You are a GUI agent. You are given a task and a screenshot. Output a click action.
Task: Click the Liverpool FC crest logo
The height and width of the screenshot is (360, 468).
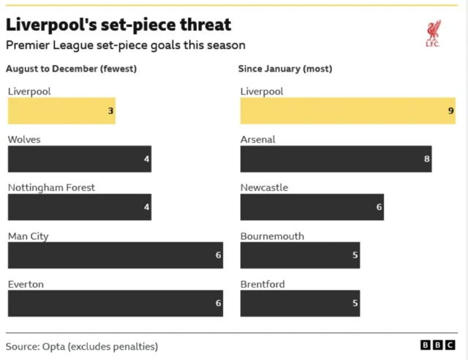point(433,34)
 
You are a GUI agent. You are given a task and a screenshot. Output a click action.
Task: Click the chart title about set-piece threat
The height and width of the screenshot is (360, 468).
point(118,24)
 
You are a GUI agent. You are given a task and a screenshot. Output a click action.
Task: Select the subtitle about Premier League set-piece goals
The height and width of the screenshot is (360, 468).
point(125,45)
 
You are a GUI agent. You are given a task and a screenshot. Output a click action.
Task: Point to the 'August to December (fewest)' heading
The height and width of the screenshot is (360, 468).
point(71,69)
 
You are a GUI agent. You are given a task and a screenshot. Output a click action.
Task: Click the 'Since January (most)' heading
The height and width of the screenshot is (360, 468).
point(285,69)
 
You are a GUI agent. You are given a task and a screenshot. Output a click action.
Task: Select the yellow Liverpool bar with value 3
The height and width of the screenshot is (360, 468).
point(61,111)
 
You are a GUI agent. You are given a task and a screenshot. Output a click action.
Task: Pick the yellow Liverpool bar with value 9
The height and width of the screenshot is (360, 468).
point(347,111)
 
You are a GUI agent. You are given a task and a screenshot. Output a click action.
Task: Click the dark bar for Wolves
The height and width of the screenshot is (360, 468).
point(79,159)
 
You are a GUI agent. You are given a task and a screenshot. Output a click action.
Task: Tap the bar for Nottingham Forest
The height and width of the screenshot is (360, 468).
point(79,207)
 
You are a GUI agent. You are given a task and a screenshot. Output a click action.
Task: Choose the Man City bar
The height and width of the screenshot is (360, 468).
point(115,255)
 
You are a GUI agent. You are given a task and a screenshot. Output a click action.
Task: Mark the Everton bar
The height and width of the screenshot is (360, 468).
point(115,304)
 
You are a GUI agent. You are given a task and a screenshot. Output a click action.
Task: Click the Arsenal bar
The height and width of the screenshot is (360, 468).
point(336,159)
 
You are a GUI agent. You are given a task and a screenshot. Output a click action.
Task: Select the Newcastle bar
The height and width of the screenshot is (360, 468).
point(312,207)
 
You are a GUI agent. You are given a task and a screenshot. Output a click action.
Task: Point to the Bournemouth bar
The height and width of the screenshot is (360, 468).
point(300,255)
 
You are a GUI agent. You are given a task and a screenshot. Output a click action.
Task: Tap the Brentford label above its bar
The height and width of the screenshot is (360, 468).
point(263,285)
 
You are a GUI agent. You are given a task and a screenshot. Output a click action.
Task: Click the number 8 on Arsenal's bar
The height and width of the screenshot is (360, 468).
point(427,159)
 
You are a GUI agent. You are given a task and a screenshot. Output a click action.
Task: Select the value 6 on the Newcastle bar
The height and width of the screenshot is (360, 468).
point(379,207)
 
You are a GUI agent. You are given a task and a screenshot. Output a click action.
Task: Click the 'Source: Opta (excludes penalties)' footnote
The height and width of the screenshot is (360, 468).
point(82,346)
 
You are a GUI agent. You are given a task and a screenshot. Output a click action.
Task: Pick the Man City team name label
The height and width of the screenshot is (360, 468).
point(28,236)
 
